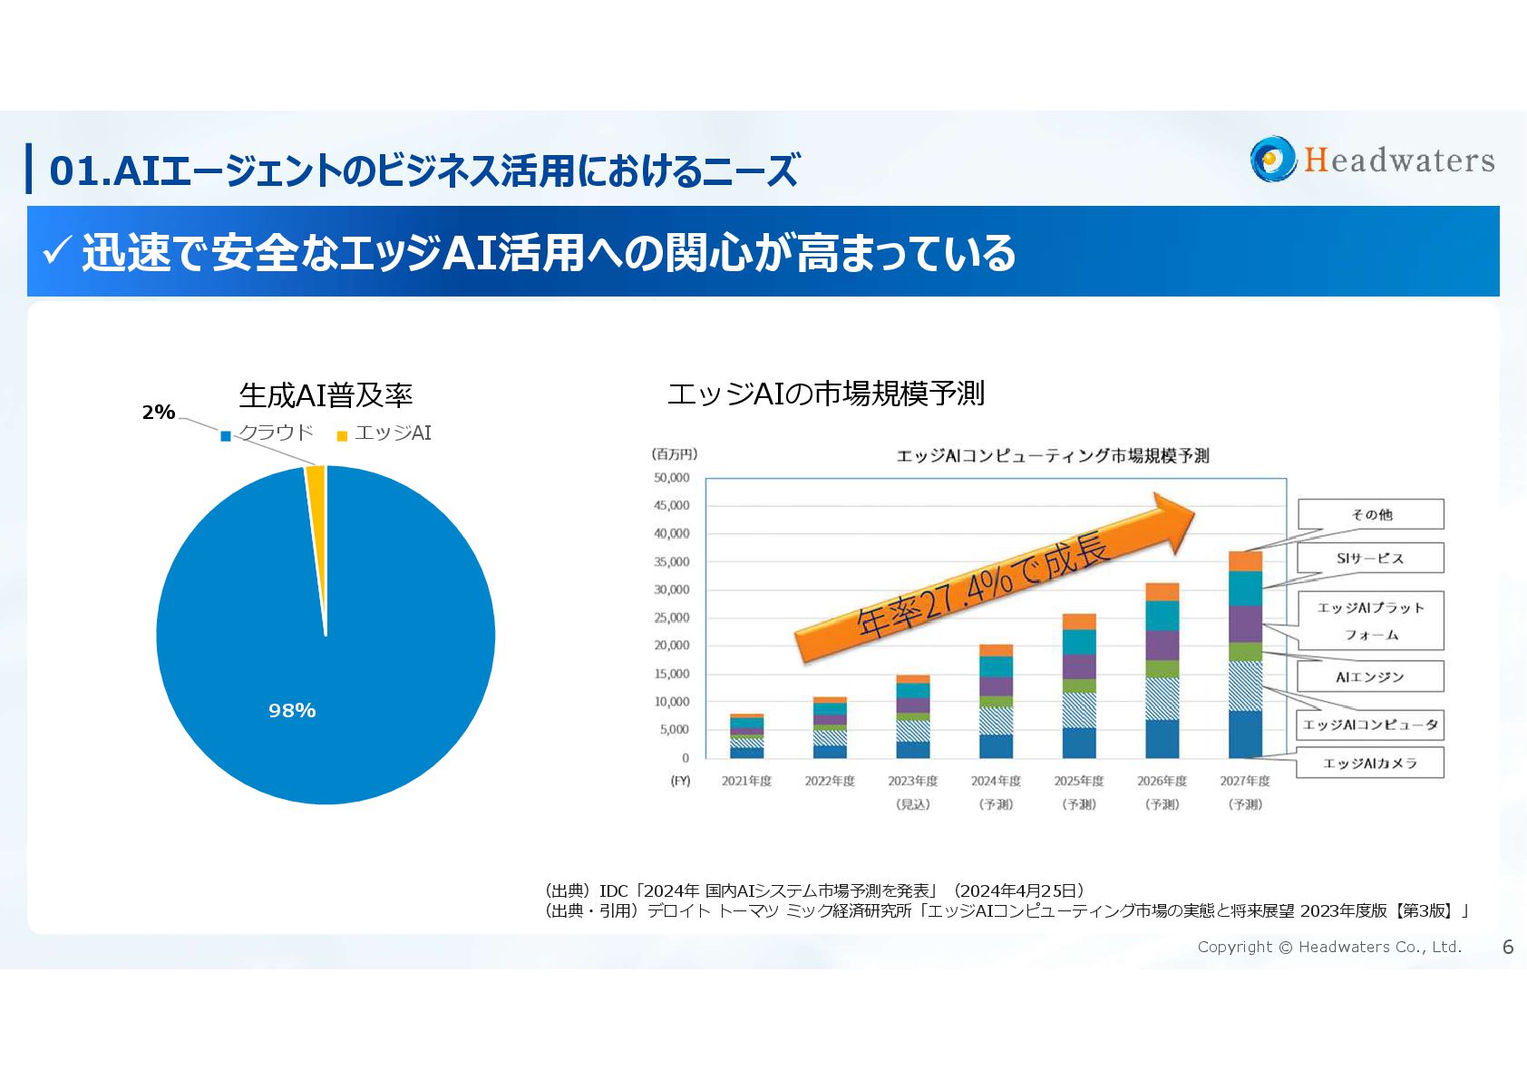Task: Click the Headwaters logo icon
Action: click(1273, 160)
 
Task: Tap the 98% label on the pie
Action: click(292, 711)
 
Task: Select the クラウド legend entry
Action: click(267, 433)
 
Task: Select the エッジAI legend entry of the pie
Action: click(384, 433)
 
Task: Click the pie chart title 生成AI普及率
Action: click(326, 395)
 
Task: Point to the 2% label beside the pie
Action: click(159, 413)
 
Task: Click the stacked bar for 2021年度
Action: click(746, 736)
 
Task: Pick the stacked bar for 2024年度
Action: click(996, 702)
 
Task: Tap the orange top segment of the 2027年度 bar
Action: click(1245, 561)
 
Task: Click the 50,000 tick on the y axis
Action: click(672, 478)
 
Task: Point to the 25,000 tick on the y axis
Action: click(672, 618)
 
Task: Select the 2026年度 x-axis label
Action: click(1162, 781)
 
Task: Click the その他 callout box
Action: click(1371, 514)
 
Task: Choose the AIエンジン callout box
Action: click(1370, 676)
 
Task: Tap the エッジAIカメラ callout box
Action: click(1370, 764)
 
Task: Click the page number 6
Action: click(1508, 948)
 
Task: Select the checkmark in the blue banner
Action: click(56, 251)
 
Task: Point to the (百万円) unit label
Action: click(675, 454)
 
